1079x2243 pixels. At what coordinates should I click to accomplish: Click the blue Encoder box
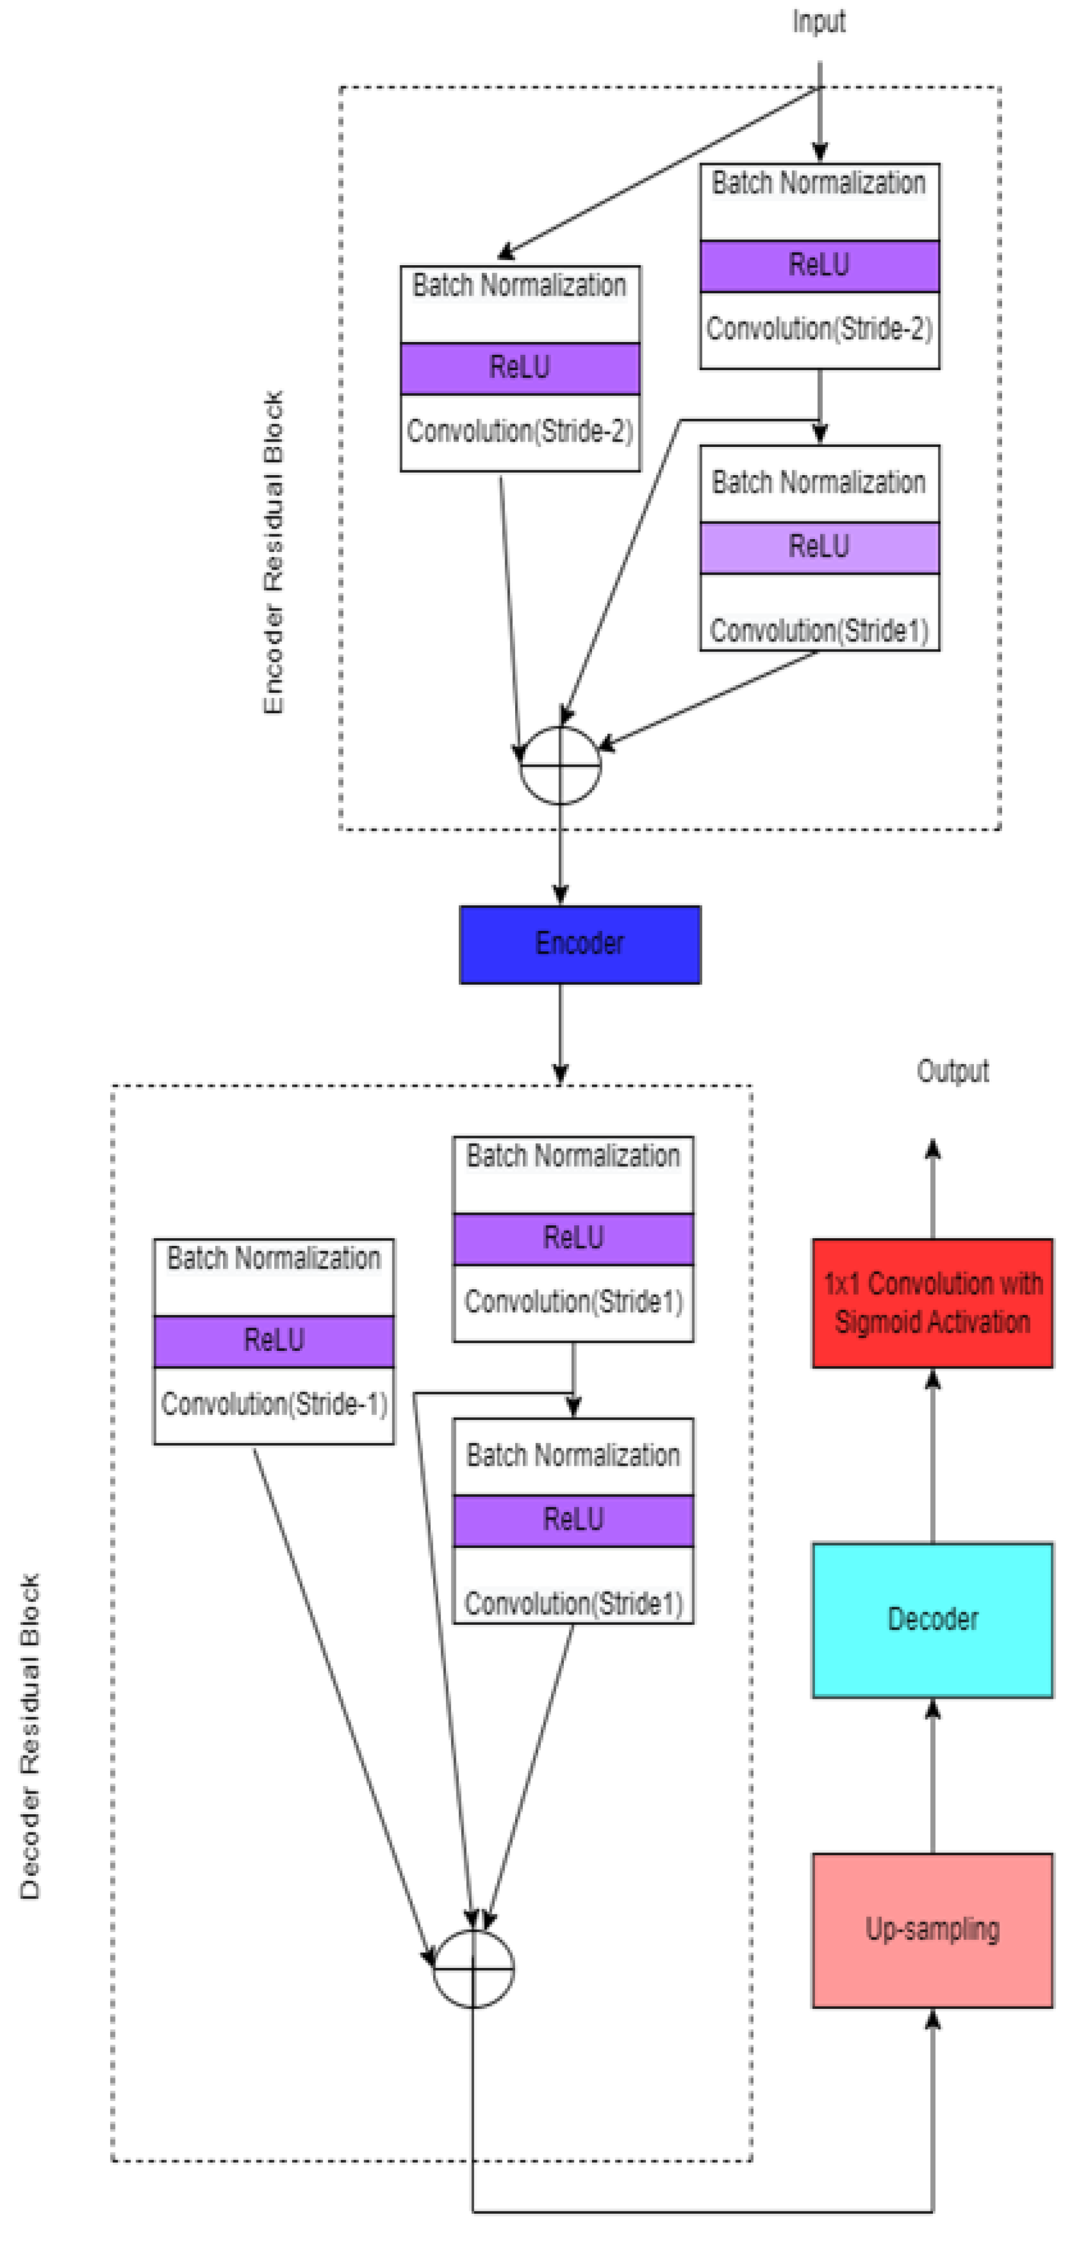(x=579, y=944)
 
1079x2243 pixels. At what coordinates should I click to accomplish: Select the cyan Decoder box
(x=932, y=1619)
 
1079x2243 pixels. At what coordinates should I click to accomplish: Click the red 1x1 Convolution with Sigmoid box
(x=932, y=1303)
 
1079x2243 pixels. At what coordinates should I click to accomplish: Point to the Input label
(x=818, y=21)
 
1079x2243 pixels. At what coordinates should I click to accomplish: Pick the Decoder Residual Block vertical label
(x=29, y=1737)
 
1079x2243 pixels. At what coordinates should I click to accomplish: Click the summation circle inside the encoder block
(x=560, y=764)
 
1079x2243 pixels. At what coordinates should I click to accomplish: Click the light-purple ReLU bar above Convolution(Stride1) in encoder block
(x=818, y=547)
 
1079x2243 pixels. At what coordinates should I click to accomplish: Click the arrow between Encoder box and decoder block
(x=560, y=1032)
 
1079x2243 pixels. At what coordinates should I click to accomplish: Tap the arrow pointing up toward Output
(x=932, y=1188)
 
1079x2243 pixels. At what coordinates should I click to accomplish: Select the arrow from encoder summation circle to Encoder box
(x=560, y=853)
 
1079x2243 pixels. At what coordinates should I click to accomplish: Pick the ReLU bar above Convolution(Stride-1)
(x=273, y=1340)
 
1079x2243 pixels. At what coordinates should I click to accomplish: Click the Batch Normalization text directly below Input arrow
(x=818, y=184)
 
